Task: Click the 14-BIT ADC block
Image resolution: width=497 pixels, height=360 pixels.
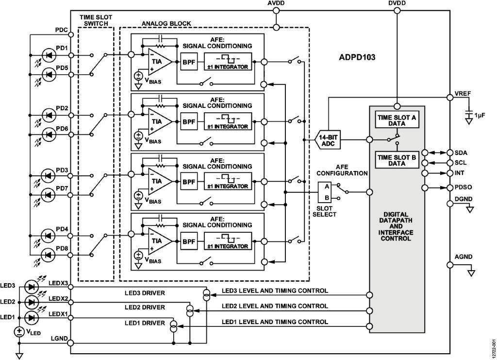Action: tap(328, 140)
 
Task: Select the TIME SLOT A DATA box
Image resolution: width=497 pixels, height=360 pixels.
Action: tap(398, 120)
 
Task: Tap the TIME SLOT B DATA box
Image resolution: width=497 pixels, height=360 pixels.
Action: tap(398, 160)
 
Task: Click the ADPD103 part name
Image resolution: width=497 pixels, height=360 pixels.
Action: tap(357, 57)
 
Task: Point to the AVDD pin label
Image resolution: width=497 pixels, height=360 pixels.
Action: tap(276, 4)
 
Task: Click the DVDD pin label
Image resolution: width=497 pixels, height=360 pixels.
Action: tap(398, 4)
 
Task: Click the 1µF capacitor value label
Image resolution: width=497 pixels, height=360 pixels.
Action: tap(480, 115)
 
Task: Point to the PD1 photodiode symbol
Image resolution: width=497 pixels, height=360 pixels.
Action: tap(48, 55)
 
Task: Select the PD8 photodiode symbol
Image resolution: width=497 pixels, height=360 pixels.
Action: tap(48, 255)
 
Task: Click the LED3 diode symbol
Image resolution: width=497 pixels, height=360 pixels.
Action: tap(32, 287)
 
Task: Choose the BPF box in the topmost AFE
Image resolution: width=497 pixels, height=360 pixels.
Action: tap(189, 63)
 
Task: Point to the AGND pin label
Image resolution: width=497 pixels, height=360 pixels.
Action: tap(464, 257)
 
